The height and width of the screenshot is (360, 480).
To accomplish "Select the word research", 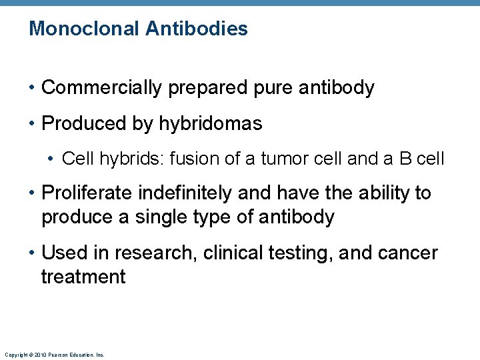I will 154,253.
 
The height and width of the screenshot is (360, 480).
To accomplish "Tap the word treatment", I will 83,277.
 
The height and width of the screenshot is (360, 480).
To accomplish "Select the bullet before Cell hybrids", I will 52,159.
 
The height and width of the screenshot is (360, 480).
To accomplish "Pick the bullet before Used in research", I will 32,254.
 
